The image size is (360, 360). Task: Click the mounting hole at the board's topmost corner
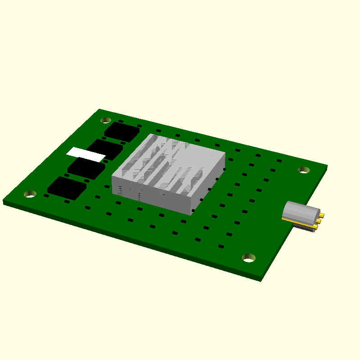(x=106, y=120)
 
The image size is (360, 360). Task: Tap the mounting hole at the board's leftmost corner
(x=30, y=194)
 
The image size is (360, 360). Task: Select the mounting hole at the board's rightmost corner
(x=304, y=170)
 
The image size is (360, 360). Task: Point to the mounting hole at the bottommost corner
(x=249, y=257)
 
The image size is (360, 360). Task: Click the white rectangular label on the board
(x=86, y=154)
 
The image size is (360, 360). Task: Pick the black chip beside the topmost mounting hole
(x=122, y=131)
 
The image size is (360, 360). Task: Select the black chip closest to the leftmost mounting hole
(x=67, y=188)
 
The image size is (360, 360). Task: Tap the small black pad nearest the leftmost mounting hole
(x=46, y=196)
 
